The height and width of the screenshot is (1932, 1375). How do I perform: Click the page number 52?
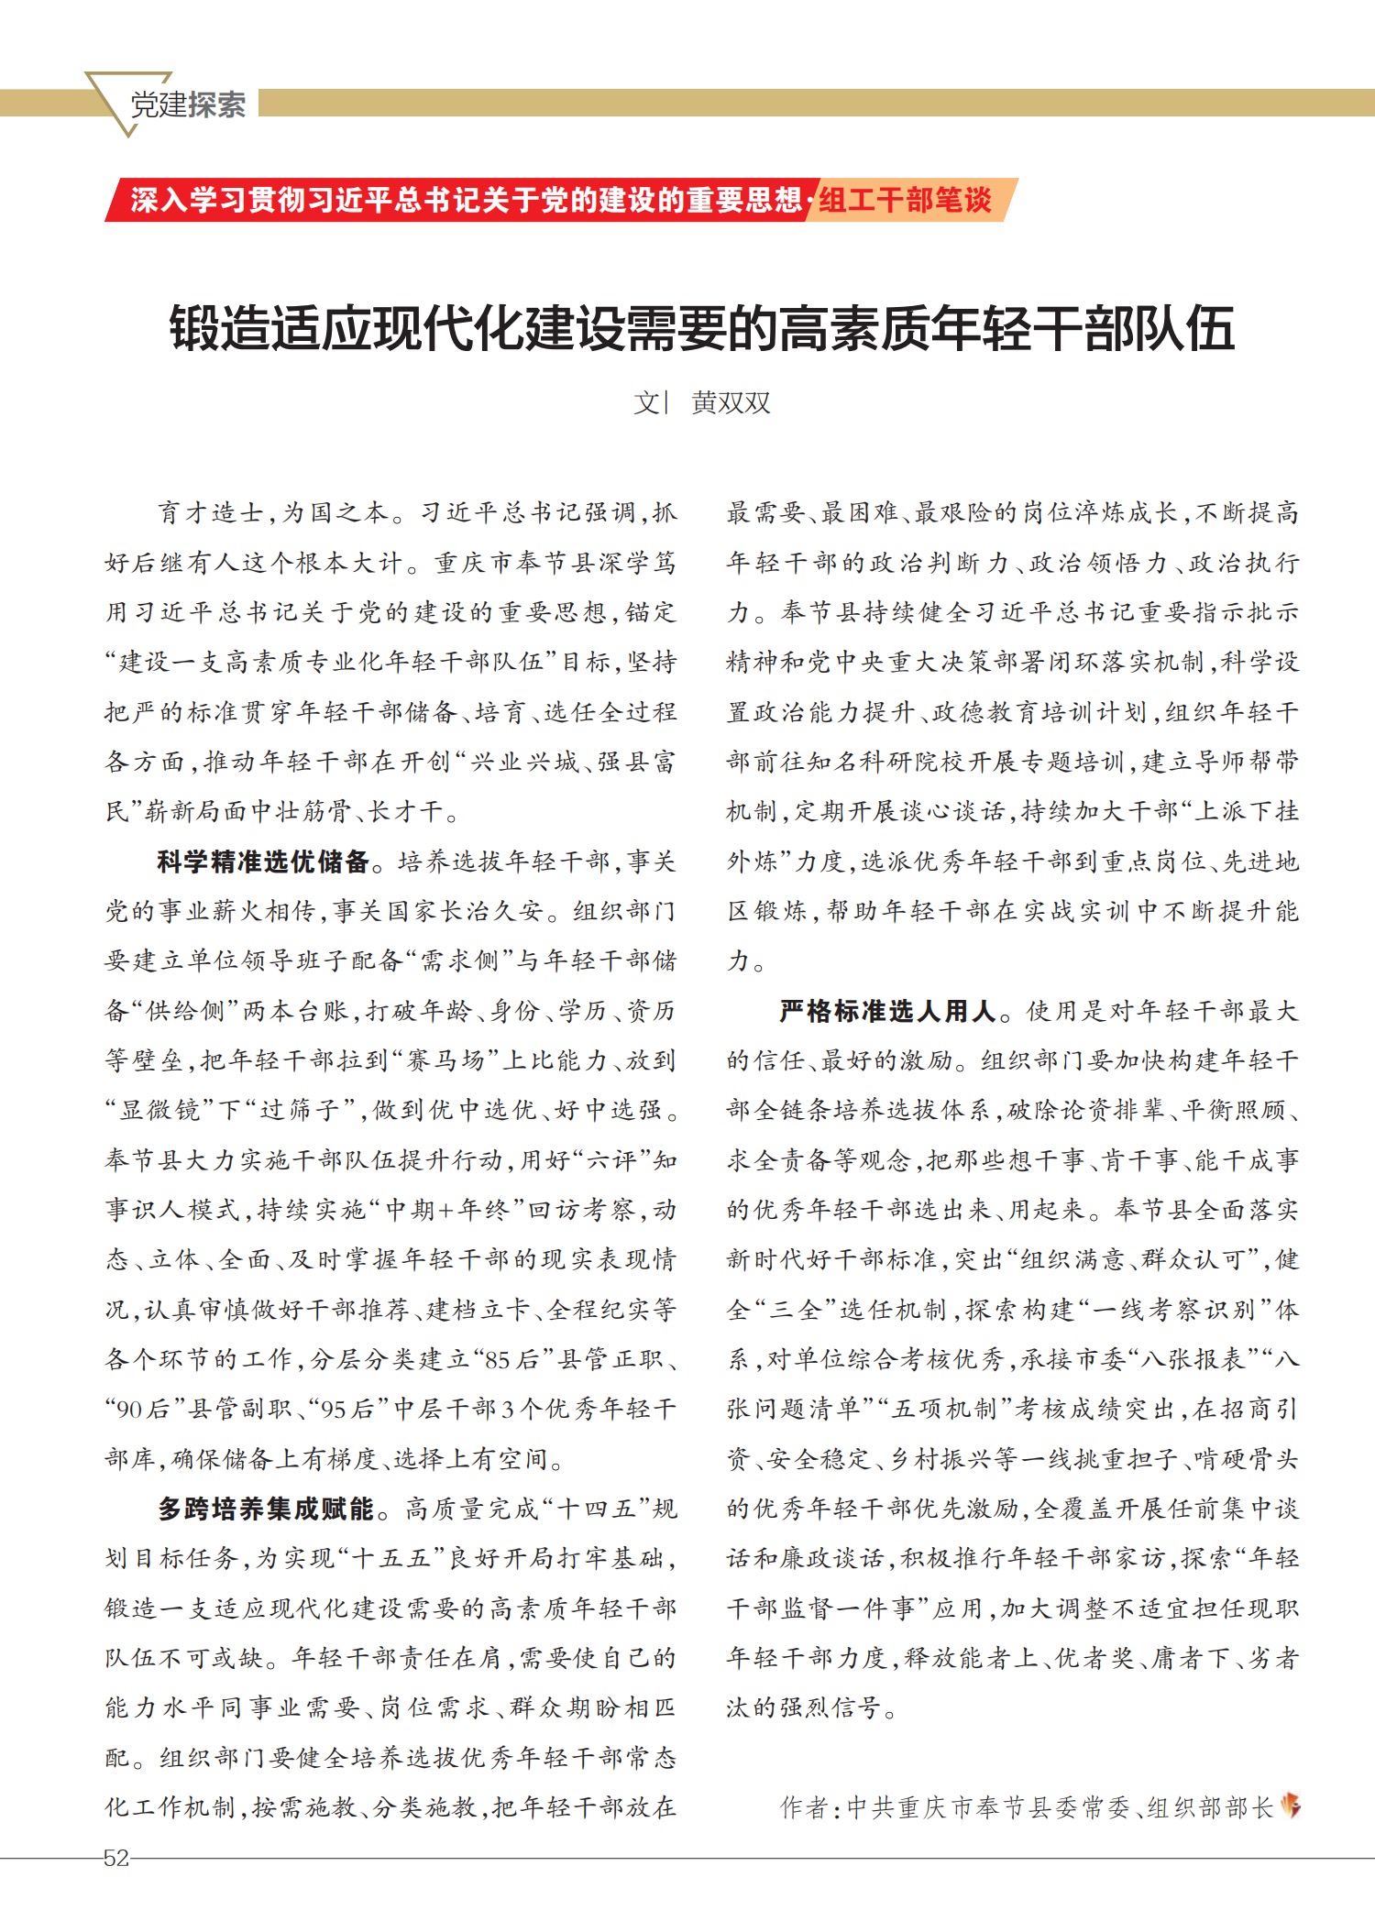116,1858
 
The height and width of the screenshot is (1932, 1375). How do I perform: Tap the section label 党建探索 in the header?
187,104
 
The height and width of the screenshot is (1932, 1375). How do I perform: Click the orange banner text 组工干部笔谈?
905,200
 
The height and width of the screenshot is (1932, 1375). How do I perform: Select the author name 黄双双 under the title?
731,402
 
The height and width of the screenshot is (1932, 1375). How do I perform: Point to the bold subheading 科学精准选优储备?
263,862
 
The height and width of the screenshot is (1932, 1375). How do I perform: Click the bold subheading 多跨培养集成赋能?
266,1509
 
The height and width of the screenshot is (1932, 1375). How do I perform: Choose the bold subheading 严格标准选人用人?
887,1011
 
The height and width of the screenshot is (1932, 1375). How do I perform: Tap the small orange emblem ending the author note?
1291,1806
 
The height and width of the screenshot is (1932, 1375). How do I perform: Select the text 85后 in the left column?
511,1359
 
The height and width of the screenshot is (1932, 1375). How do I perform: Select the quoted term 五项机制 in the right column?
945,1409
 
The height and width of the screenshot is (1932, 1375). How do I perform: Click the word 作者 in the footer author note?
804,1807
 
